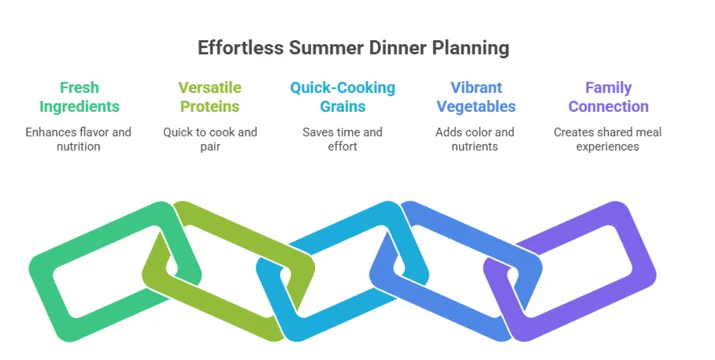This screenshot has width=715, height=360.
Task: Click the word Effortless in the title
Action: tap(240, 47)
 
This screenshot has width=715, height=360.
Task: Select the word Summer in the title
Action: tap(326, 47)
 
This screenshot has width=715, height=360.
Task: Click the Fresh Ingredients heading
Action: tap(80, 97)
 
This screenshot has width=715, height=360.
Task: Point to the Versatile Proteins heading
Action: tap(209, 97)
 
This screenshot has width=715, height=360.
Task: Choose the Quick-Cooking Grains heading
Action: tap(343, 97)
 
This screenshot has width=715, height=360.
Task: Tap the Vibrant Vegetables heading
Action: tap(476, 97)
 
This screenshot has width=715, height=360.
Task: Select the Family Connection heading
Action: tap(608, 97)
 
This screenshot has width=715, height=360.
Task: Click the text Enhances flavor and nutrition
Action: tap(79, 139)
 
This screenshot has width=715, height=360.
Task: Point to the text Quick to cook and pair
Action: tap(210, 139)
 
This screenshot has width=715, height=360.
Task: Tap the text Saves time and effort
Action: tap(343, 139)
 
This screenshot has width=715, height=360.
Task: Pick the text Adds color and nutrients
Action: tap(475, 139)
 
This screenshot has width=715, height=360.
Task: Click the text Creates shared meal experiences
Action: tap(607, 139)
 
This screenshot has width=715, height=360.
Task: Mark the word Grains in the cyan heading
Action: tap(343, 106)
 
